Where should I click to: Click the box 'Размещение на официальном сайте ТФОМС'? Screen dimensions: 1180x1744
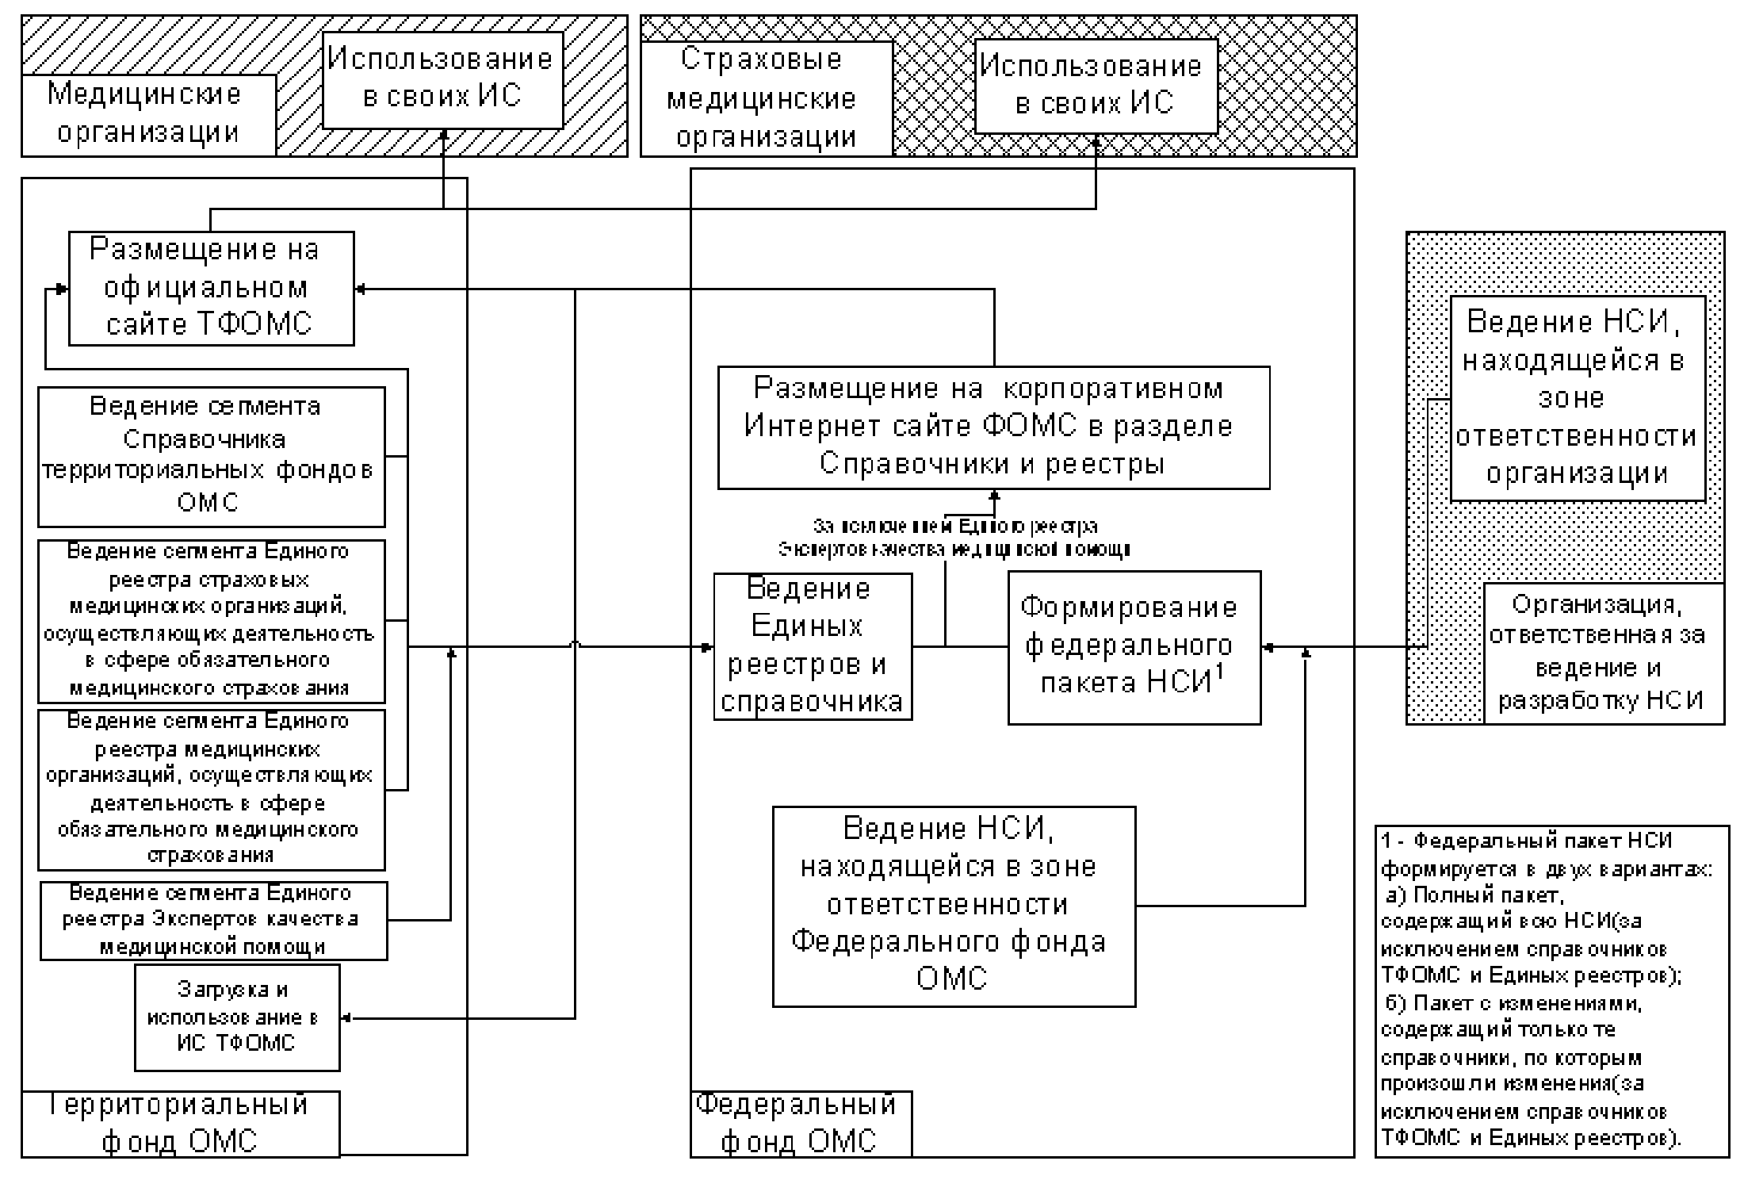211,289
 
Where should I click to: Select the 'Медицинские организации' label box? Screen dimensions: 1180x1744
148,115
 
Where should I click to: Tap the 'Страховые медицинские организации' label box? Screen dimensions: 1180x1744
766,98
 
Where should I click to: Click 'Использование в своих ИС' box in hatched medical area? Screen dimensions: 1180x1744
442,79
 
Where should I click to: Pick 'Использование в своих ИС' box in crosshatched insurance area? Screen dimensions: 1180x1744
1095,86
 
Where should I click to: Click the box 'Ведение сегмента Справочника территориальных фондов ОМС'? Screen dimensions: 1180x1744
211,456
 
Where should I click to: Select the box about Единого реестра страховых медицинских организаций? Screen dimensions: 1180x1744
211,621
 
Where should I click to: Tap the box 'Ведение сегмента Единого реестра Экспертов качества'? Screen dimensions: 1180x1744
213,920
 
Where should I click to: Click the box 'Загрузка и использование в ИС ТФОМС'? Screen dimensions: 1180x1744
236,1017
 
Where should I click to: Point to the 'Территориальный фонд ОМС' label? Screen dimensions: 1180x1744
181,1124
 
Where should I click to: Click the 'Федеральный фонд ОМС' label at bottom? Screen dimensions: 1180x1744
800,1124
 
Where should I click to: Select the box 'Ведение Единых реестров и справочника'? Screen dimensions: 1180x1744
813,646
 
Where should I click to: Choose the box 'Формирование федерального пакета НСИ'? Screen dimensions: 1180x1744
1134,646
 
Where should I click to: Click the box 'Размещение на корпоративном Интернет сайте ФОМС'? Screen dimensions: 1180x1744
992,427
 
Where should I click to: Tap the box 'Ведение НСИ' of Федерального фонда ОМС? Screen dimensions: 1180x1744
954,906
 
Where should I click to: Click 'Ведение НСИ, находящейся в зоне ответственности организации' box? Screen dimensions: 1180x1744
1577,398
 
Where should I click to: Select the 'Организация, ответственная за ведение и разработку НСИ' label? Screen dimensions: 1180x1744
1603,653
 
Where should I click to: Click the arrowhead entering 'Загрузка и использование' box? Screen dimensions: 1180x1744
346,1017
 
